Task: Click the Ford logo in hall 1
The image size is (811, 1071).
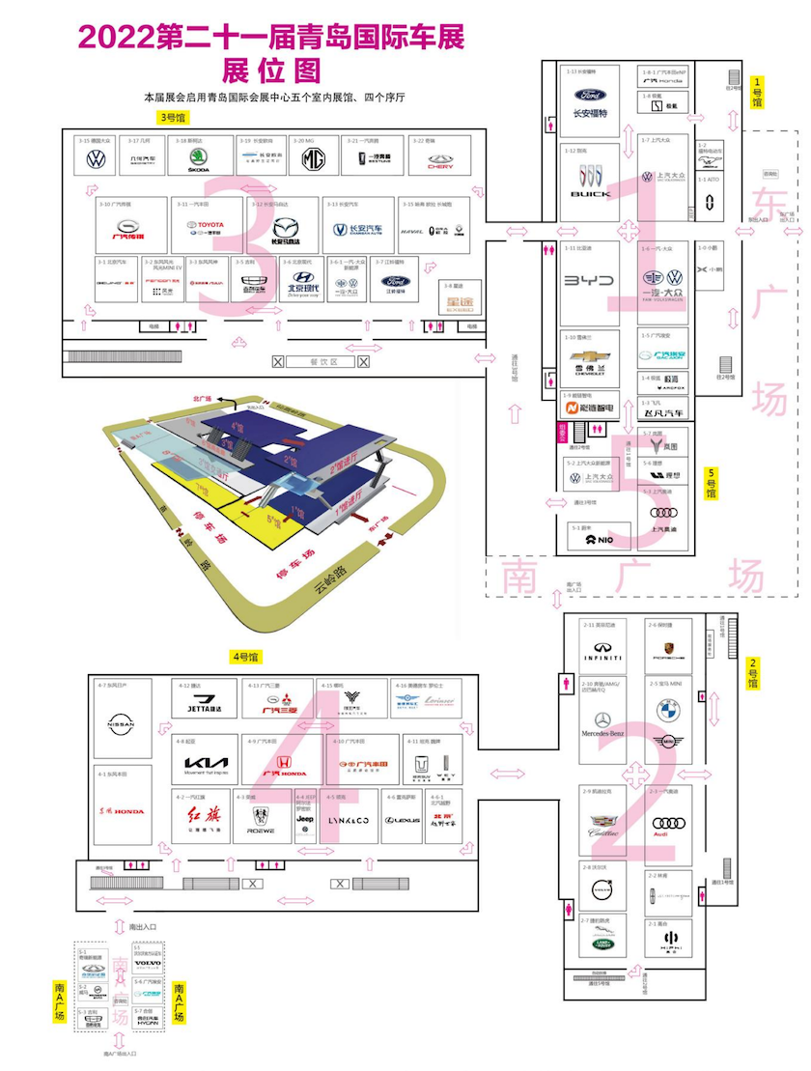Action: point(590,96)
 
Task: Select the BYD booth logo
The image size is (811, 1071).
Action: point(589,280)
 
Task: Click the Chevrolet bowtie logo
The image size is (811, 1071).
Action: point(589,355)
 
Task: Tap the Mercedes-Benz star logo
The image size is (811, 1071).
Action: point(603,720)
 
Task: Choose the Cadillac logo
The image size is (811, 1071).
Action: point(603,822)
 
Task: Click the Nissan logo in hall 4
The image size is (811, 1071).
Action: point(121,724)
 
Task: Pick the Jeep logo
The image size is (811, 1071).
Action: point(305,819)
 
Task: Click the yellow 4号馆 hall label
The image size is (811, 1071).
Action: point(245,657)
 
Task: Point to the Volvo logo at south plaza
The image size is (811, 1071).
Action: point(148,964)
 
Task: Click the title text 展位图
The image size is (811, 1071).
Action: point(270,70)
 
